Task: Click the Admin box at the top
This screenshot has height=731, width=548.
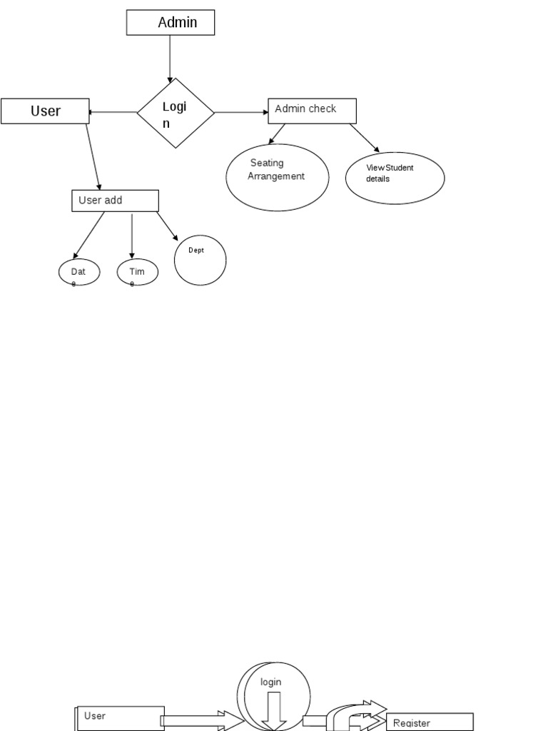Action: point(171,23)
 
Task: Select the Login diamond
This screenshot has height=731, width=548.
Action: point(176,113)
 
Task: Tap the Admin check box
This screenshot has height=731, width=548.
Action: point(312,111)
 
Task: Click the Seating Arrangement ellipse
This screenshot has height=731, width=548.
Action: point(278,177)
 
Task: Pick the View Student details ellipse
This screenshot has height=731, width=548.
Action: point(395,178)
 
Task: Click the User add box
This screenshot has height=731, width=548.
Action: point(115,201)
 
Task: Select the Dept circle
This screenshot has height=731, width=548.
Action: point(201,261)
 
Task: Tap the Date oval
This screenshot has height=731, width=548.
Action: point(79,272)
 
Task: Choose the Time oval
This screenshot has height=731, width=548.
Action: point(138,272)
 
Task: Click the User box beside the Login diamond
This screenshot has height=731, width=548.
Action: point(45,111)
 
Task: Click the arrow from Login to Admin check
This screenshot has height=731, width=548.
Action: point(241,112)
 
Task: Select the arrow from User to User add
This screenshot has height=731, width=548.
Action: point(93,157)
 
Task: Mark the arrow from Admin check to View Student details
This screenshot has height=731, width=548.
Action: point(365,138)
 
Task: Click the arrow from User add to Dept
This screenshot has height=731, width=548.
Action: point(168,226)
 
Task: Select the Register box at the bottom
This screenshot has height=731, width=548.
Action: point(430,722)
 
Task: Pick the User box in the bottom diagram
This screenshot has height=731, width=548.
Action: point(118,717)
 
